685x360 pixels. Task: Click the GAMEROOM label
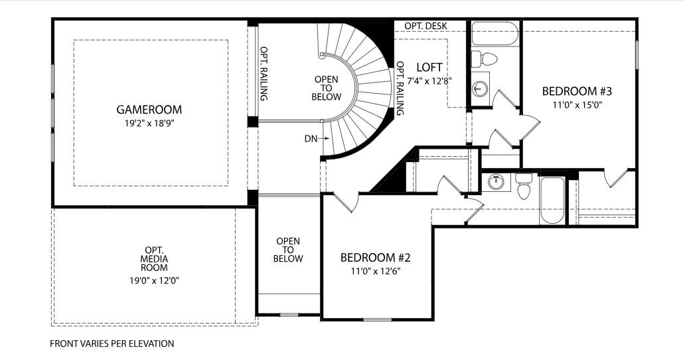pyautogui.click(x=149, y=110)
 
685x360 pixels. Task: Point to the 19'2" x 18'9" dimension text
pyautogui.click(x=149, y=123)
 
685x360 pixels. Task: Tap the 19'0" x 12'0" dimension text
pyautogui.click(x=154, y=280)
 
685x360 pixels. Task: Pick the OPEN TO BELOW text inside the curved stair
pyautogui.click(x=326, y=88)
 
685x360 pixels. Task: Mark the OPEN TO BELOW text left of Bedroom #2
pyautogui.click(x=288, y=250)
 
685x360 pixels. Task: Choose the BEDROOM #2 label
pyautogui.click(x=370, y=258)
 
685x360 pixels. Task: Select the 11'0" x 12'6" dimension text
pyautogui.click(x=370, y=271)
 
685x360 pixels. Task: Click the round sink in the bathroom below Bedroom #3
pyautogui.click(x=493, y=181)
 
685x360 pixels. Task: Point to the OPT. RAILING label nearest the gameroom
pyautogui.click(x=264, y=73)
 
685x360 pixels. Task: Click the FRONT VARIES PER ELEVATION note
pyautogui.click(x=112, y=344)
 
